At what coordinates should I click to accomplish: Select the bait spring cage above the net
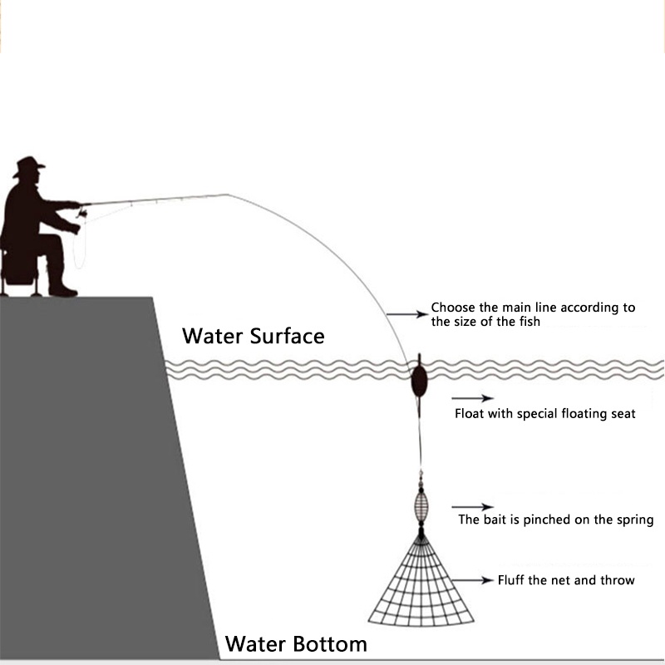421,504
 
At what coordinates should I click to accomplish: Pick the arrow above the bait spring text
472,506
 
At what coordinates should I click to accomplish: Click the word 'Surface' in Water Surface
283,337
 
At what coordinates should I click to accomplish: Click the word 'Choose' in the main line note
453,308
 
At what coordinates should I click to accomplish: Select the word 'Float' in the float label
470,413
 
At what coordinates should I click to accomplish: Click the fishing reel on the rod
81,215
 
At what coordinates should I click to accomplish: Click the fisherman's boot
62,290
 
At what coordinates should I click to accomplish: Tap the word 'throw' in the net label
617,580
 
